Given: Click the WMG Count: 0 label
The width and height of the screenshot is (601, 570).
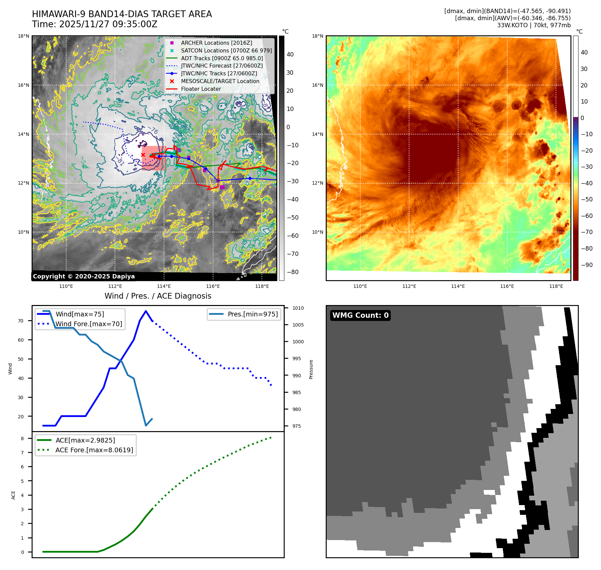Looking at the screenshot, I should click(360, 315).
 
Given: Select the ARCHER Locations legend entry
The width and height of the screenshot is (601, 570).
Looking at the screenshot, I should click(216, 43).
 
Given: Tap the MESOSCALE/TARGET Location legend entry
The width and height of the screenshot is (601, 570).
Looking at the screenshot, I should click(220, 81).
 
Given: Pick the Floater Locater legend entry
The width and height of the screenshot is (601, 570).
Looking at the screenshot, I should click(201, 89).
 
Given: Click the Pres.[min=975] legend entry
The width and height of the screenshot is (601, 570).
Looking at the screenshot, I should click(252, 314).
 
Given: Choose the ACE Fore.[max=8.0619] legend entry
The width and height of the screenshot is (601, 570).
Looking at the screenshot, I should click(94, 450).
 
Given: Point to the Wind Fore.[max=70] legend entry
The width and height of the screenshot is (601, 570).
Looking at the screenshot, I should click(89, 324).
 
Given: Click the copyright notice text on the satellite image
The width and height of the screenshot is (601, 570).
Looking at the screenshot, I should click(84, 276).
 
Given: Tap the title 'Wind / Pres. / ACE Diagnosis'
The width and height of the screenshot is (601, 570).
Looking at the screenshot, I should click(158, 296).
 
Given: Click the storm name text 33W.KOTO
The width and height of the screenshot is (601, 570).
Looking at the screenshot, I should click(512, 25).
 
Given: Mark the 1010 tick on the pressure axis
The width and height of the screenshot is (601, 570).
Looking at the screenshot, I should click(298, 308).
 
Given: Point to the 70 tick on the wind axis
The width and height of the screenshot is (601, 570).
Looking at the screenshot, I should click(21, 321).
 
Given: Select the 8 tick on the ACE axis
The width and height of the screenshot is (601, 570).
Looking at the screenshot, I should click(23, 439).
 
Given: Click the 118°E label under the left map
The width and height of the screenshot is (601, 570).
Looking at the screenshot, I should click(262, 286).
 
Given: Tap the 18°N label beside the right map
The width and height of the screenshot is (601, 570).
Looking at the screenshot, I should click(318, 36).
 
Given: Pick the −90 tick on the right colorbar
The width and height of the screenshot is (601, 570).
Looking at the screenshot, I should click(587, 265).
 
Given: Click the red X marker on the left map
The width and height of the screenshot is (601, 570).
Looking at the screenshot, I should click(143, 155).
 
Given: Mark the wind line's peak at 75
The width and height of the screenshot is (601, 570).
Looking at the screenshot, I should click(146, 311).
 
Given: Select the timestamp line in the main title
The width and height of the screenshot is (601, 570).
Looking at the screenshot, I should click(94, 24).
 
